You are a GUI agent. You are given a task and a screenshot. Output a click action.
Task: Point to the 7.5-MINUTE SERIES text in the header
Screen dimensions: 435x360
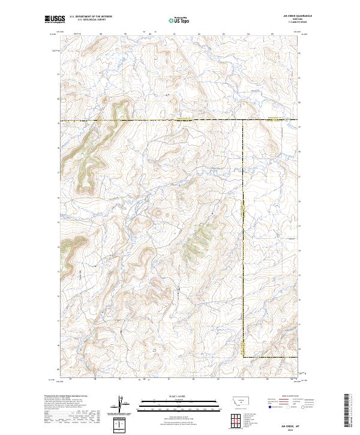[298, 23]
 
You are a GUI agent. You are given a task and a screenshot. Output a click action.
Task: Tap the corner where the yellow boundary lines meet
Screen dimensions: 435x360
[243, 120]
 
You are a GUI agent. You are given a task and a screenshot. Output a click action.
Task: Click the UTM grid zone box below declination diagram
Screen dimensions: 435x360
[121, 425]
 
